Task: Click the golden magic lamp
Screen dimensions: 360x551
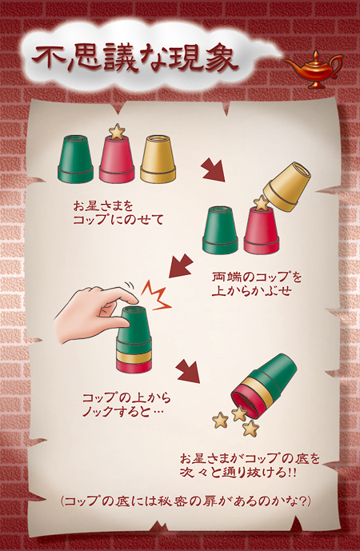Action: [x=314, y=70]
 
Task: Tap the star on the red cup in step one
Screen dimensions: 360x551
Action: [x=117, y=131]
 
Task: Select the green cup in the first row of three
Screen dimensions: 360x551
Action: [x=75, y=159]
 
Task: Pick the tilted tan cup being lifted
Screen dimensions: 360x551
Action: [x=287, y=186]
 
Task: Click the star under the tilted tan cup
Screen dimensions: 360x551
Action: [x=262, y=203]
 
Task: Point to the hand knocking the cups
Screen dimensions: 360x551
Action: [x=96, y=313]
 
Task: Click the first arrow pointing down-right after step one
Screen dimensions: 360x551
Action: [x=214, y=170]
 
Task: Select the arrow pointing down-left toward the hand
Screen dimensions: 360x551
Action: [x=181, y=266]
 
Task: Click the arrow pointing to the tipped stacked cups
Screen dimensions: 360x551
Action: [x=188, y=371]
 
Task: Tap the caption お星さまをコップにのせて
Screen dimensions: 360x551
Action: [x=118, y=213]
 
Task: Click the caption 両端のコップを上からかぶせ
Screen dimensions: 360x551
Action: [x=257, y=284]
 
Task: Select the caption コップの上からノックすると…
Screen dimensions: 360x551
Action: [x=126, y=405]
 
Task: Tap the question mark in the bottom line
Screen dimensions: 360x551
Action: [x=302, y=501]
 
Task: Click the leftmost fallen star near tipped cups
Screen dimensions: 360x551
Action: [x=220, y=420]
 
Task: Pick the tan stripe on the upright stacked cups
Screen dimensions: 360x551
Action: [x=134, y=357]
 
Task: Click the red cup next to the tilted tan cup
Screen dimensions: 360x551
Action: [x=262, y=230]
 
